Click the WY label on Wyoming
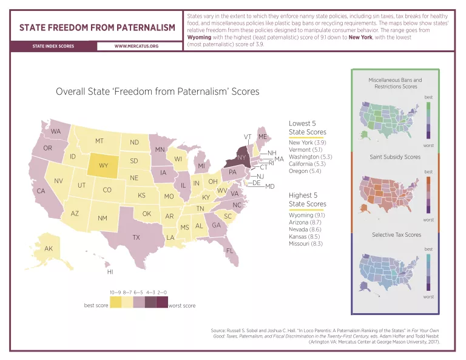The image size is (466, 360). coord(104,165)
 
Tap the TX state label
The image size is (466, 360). coord(137,237)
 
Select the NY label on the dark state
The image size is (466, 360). coord(241,158)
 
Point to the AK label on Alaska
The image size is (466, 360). coord(49,248)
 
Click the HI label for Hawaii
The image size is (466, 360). coord(110,271)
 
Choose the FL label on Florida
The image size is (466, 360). coord(230,251)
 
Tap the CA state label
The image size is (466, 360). coord(41,191)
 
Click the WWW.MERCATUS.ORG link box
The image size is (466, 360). coord(137,46)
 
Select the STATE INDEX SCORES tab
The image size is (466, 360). coord(53,46)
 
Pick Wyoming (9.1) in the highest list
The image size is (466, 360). coord(307,215)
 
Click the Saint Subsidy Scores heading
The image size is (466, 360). coord(395,157)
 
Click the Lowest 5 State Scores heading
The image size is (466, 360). coord(307,127)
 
